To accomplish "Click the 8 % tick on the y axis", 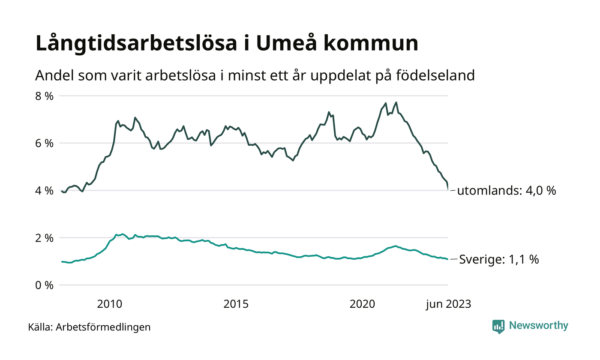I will coord(44,96).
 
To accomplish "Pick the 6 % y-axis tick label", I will coord(44,143).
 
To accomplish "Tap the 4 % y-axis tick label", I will coord(44,190).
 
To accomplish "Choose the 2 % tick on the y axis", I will coord(44,237).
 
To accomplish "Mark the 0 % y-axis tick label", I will coord(44,285).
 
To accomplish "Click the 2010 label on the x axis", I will coord(110,304).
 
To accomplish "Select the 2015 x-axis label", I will coord(236,304).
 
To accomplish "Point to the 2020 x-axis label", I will coord(363,304).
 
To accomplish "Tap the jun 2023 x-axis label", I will coord(448,304).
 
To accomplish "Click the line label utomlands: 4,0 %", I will coord(507,191).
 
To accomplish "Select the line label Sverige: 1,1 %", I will coord(499,259).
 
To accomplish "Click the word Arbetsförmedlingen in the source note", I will coord(103,327).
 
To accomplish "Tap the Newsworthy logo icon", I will coord(498,326).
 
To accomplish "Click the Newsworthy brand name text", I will coord(539,326).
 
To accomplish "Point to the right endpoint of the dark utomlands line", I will coord(448,189).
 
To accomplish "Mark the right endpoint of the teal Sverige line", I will coord(448,259).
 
